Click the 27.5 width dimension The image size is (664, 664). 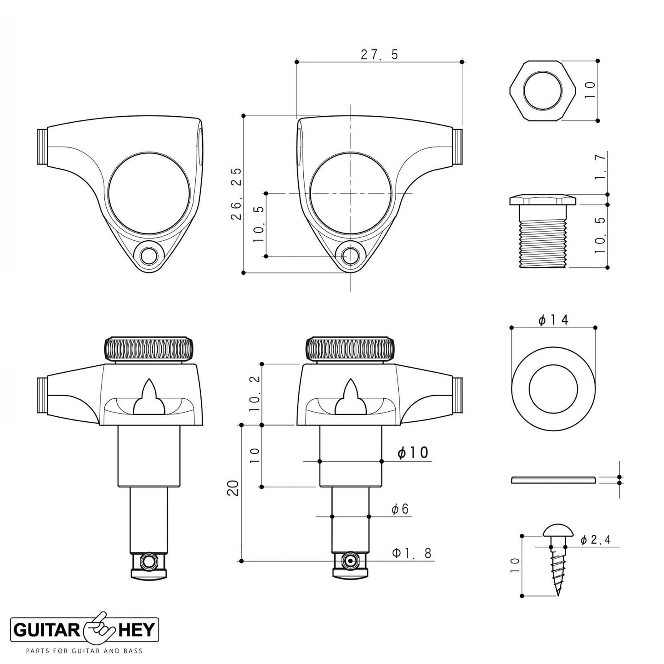click(379, 54)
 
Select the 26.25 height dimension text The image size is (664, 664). click(237, 194)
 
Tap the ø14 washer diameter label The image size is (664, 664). click(553, 319)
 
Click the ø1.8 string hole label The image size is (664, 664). click(412, 553)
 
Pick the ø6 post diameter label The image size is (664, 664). click(400, 509)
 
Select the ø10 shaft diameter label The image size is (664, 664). click(413, 453)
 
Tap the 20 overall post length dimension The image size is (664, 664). click(234, 488)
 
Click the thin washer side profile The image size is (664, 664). click(554, 480)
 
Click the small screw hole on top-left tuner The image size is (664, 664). click(149, 256)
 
